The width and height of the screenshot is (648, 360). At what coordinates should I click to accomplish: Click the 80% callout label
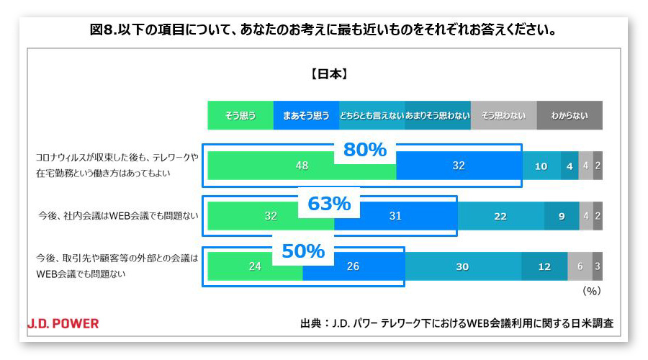(x=364, y=150)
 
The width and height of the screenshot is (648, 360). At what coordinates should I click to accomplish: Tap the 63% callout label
(x=328, y=204)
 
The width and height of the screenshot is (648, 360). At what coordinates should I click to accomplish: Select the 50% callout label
(x=302, y=251)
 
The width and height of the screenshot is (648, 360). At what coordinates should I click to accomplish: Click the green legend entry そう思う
(x=240, y=115)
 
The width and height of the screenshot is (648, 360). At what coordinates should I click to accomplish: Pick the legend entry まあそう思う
(x=306, y=115)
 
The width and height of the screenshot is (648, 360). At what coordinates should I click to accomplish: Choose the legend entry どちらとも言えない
(x=372, y=115)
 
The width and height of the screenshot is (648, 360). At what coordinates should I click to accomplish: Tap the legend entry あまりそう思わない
(x=437, y=115)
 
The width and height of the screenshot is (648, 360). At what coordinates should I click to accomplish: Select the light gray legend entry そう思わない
(x=503, y=115)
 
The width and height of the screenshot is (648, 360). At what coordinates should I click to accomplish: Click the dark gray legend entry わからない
(x=570, y=115)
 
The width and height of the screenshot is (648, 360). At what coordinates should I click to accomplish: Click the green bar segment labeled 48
(x=302, y=166)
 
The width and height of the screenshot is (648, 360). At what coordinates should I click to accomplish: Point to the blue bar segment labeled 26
(x=354, y=266)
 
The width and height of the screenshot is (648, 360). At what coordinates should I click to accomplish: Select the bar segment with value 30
(x=462, y=266)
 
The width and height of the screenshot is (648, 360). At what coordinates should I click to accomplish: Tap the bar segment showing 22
(x=501, y=215)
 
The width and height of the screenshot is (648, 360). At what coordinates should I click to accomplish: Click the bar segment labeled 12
(x=544, y=266)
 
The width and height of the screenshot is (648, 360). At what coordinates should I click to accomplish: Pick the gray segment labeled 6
(x=580, y=266)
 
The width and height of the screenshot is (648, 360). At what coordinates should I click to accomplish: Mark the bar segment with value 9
(x=562, y=215)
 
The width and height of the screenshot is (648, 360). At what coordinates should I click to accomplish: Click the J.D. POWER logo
(x=63, y=323)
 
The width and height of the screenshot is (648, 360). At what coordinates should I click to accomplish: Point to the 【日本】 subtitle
(x=329, y=73)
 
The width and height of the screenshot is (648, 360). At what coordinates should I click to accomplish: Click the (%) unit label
(x=590, y=292)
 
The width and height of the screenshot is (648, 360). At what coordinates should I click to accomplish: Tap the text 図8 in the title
(x=104, y=30)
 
